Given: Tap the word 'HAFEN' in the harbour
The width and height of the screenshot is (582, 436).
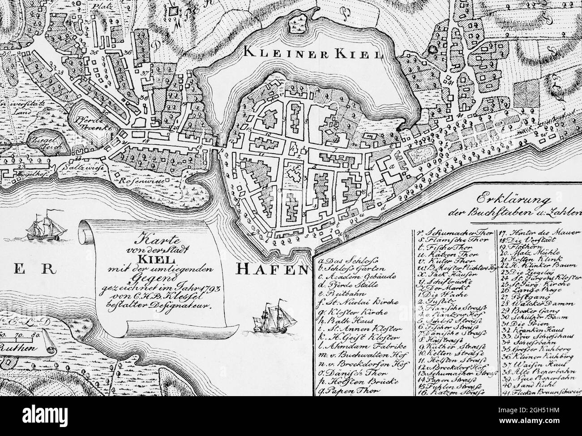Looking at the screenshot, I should (x=271, y=268).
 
